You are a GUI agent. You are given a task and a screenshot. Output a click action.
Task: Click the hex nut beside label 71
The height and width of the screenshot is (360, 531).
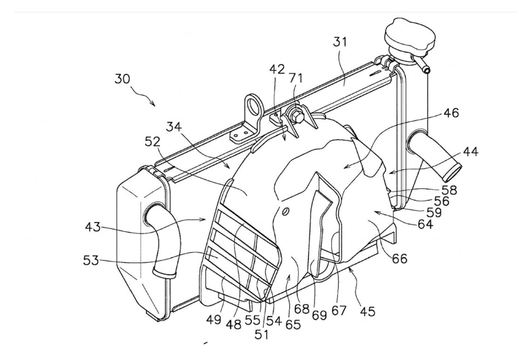(x=296, y=115)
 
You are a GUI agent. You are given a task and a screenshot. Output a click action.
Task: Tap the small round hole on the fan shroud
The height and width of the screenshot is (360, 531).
(x=285, y=211)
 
